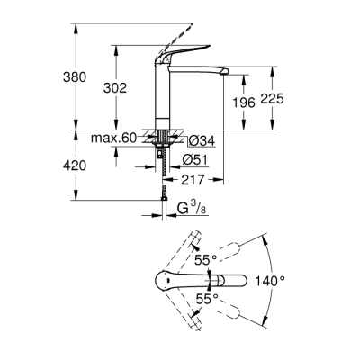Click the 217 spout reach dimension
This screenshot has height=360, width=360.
[190, 180]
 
